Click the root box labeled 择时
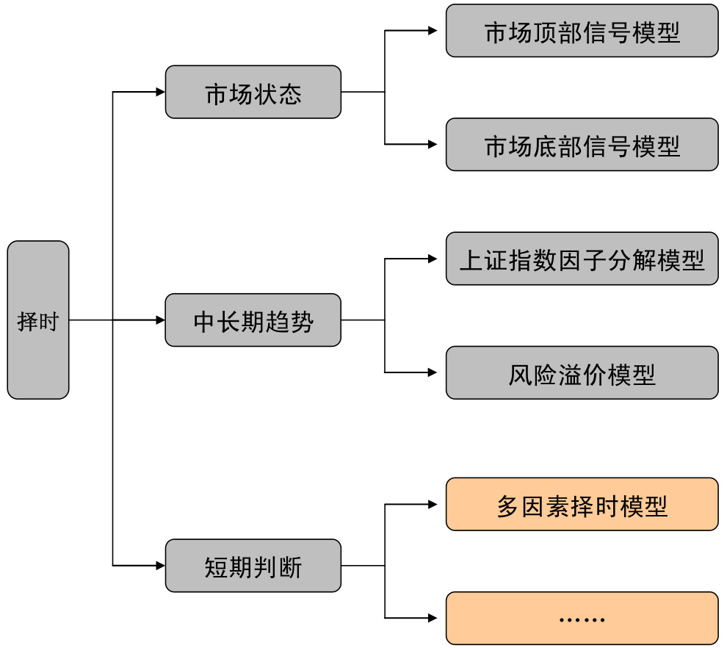tap(38, 320)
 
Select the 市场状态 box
tap(253, 93)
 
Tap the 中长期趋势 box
tap(253, 320)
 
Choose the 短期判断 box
tap(253, 566)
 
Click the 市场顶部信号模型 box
tap(582, 31)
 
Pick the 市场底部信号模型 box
tap(582, 145)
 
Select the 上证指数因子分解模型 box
tap(582, 259)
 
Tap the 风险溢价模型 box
tap(582, 373)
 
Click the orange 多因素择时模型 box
tap(582, 505)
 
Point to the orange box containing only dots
tap(582, 619)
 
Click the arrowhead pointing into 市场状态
tap(161, 93)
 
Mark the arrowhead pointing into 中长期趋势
tap(161, 320)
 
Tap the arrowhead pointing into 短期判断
tap(161, 566)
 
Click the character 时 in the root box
tap(48, 321)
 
